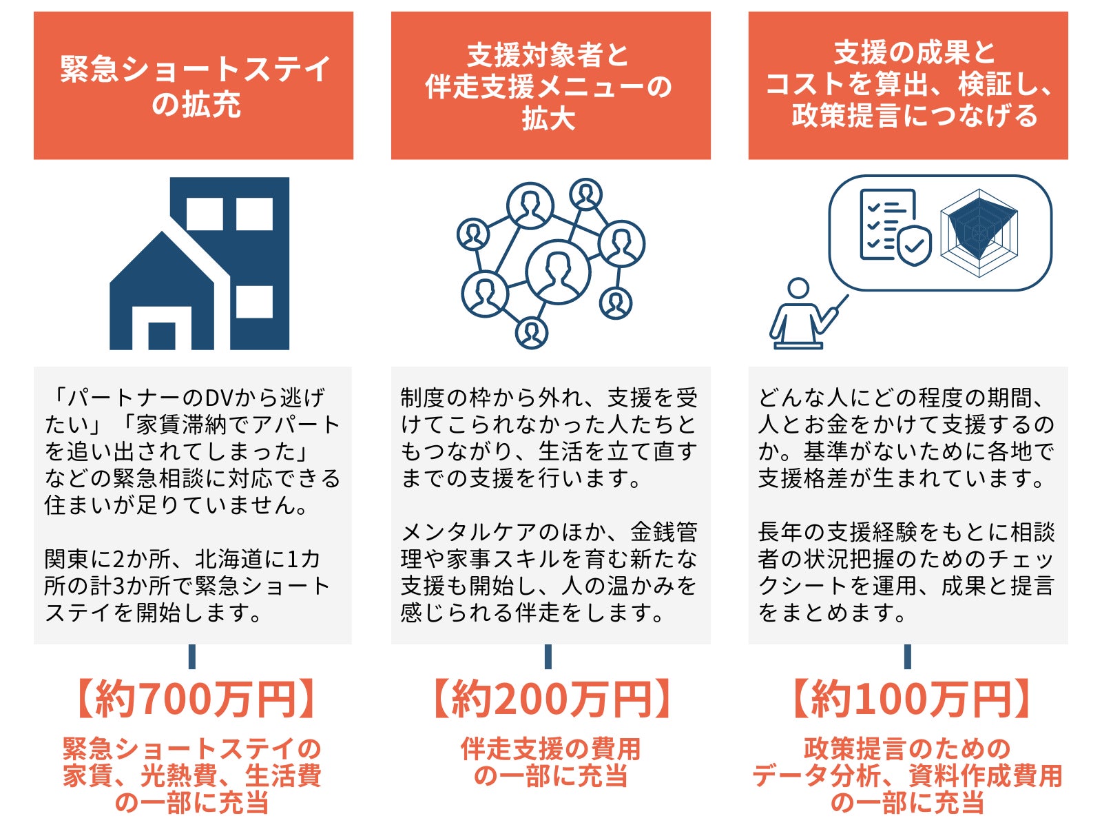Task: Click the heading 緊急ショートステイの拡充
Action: pyautogui.click(x=194, y=86)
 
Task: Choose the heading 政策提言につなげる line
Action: pyautogui.click(x=915, y=115)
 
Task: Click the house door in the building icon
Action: pyautogui.click(x=162, y=336)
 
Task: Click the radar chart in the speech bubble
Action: pyautogui.click(x=979, y=232)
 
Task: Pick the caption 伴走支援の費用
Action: pyautogui.click(x=550, y=748)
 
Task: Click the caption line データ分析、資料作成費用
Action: pyautogui.click(x=908, y=776)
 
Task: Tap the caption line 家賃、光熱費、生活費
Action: pyautogui.click(x=192, y=776)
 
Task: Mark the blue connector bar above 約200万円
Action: pyautogui.click(x=548, y=656)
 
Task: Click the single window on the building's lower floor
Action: pyautogui.click(x=254, y=301)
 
